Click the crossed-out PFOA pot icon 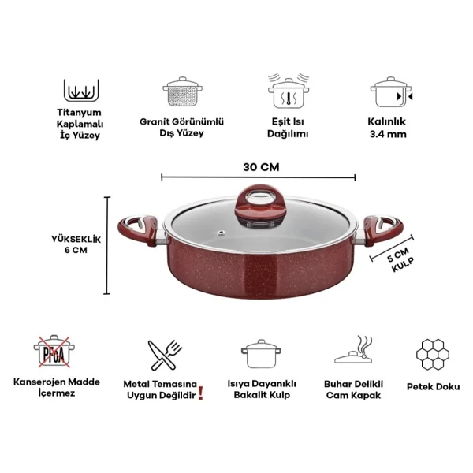click(x=54, y=352)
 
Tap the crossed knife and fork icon click(x=165, y=355)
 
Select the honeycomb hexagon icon click(x=433, y=355)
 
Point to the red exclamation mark click(x=201, y=393)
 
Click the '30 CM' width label click(x=261, y=167)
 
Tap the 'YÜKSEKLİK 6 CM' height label click(x=76, y=244)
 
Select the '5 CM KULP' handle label click(x=400, y=259)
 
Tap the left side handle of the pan click(x=139, y=230)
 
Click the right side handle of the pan click(x=382, y=231)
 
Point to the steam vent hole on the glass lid click(x=222, y=233)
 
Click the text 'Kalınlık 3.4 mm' click(x=388, y=128)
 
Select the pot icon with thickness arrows click(x=391, y=92)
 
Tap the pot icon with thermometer click(x=289, y=91)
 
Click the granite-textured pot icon click(x=183, y=91)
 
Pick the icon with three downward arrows click(x=81, y=91)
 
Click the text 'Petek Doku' click(x=433, y=387)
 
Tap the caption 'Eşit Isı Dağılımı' click(x=288, y=128)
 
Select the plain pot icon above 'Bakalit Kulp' click(x=261, y=353)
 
